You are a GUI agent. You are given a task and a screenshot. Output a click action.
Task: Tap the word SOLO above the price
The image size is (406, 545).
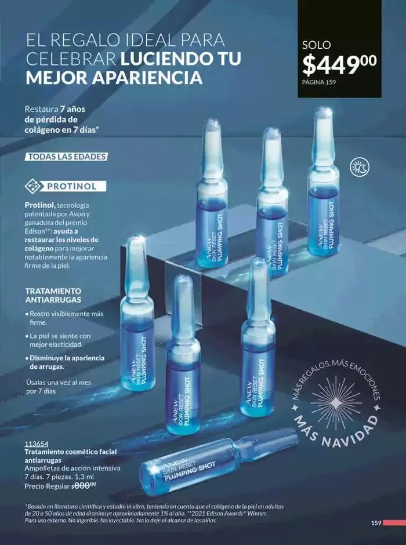tap(316, 45)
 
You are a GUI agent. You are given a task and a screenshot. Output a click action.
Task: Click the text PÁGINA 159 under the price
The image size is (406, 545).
tap(319, 82)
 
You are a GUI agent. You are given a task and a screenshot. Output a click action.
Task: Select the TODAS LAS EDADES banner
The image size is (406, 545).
tap(67, 157)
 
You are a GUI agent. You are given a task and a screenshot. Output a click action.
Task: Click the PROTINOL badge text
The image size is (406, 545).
tap(75, 187)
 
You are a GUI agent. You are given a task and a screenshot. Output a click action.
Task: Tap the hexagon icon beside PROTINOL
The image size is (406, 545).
tap(33, 187)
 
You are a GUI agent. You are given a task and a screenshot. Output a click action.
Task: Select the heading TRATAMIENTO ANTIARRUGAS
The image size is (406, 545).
tap(53, 295)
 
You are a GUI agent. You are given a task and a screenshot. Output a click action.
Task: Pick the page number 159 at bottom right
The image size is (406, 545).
tap(376, 522)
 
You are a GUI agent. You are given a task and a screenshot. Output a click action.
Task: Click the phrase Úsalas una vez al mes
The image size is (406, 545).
tap(58, 383)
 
